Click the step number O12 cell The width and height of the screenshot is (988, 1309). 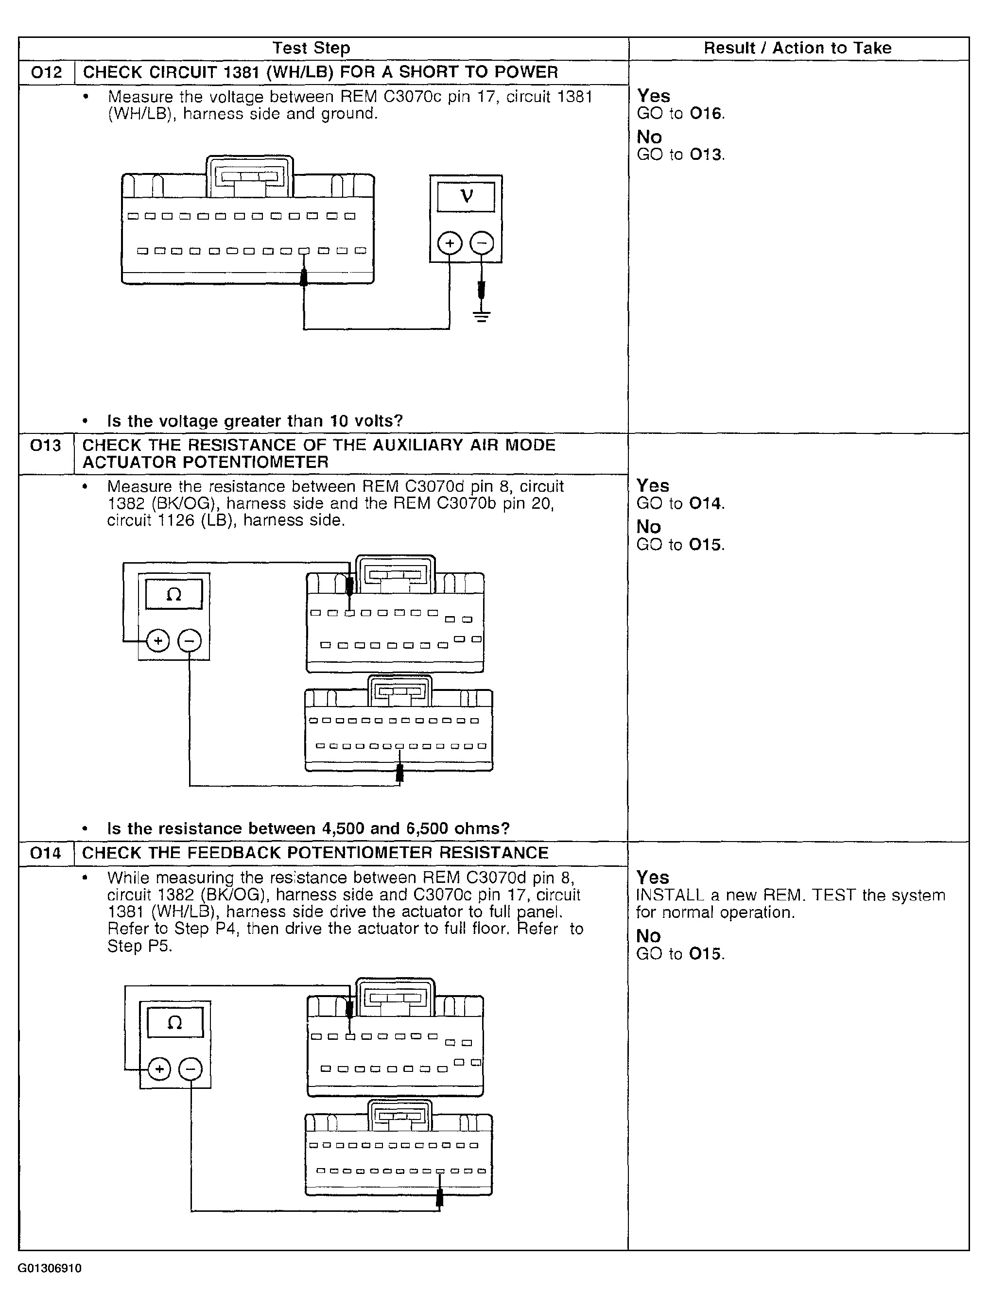pos(46,72)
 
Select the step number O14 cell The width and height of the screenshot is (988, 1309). pos(46,853)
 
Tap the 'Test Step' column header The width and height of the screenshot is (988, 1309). pos(312,48)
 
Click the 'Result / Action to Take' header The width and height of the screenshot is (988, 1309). pos(797,48)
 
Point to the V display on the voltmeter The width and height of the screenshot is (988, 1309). pos(466,196)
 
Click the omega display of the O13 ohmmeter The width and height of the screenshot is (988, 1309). pos(173,594)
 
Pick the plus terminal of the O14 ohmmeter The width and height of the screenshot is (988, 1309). pos(158,1069)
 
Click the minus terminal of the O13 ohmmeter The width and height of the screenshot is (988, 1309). pos(190,640)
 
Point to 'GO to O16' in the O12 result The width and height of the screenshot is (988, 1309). pos(680,114)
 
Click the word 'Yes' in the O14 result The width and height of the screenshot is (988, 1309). pos(652,877)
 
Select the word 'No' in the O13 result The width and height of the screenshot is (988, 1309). pos(648,527)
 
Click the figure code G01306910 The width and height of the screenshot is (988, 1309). pos(50,1268)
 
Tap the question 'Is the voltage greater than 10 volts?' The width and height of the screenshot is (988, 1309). pos(255,421)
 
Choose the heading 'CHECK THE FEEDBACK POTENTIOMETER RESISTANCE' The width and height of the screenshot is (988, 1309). pos(315,853)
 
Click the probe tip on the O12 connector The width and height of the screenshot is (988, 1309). pos(304,277)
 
